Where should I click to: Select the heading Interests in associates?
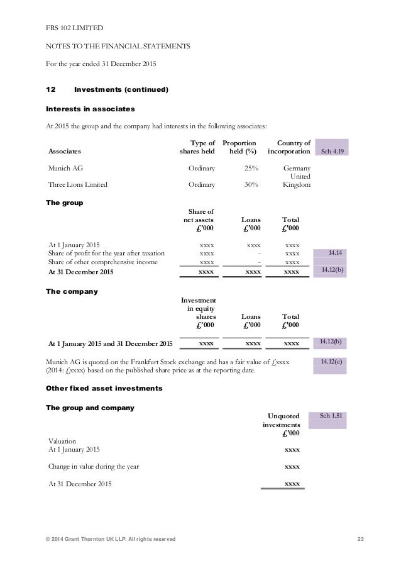91,109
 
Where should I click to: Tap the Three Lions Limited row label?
78,185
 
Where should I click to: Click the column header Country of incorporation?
289,147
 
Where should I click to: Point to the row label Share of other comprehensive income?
103,262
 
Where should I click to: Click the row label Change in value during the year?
94,467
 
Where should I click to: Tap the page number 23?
360,540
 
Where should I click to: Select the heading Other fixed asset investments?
104,389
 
